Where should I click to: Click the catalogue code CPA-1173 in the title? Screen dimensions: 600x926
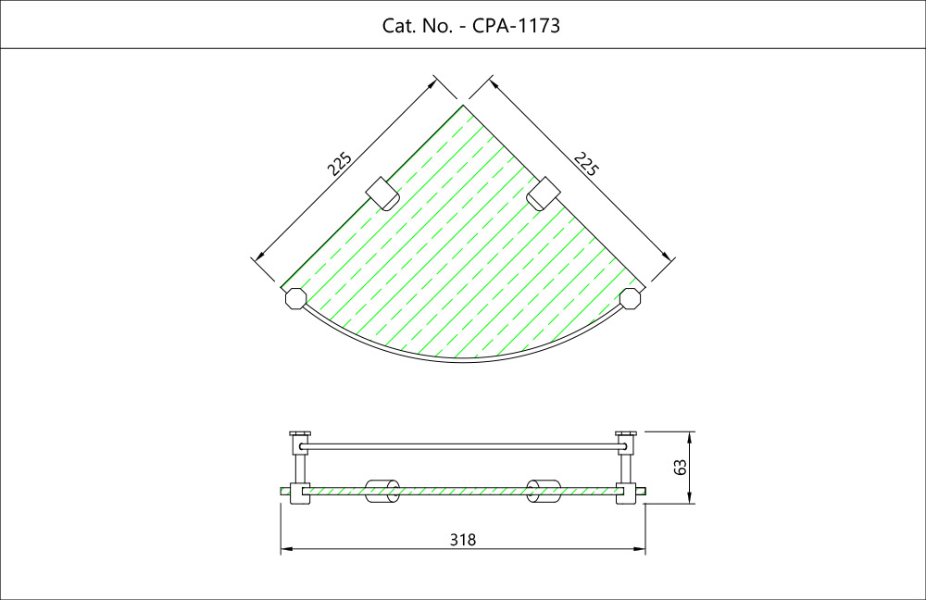[517, 26]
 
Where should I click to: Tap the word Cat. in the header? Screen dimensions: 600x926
[399, 26]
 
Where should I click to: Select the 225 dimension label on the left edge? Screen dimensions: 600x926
[341, 165]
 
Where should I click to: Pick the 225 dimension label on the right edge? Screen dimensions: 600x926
[585, 165]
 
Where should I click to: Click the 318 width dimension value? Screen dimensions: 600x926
[462, 539]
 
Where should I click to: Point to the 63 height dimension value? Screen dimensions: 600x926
[681, 468]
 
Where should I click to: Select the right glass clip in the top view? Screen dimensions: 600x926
[544, 192]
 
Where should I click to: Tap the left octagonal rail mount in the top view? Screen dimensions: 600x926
[295, 299]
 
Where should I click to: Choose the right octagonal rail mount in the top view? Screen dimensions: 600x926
[631, 299]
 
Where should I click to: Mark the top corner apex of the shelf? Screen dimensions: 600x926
[463, 105]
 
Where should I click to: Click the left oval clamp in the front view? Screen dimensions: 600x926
[381, 491]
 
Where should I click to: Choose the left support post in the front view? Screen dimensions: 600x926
[300, 468]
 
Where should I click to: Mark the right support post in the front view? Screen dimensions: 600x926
[626, 468]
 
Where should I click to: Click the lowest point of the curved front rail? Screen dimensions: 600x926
[463, 360]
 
